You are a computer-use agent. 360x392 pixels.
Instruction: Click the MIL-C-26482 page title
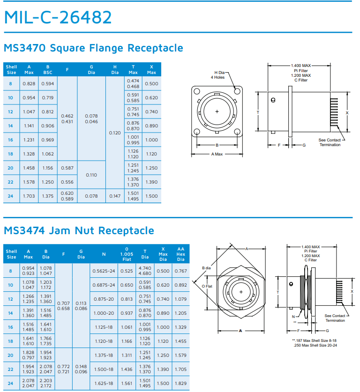tap(58, 17)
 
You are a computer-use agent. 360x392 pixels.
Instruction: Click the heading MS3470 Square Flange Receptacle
tap(93, 48)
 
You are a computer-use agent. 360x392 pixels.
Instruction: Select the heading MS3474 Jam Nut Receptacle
tap(79, 230)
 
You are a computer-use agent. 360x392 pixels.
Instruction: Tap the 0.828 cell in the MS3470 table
tap(29, 83)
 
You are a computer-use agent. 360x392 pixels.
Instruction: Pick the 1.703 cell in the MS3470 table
tap(29, 196)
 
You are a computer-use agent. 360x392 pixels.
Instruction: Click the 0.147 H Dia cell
tap(115, 196)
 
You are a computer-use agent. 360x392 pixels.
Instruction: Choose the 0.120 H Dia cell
tap(115, 133)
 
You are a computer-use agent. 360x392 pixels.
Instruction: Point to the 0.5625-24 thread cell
tap(104, 271)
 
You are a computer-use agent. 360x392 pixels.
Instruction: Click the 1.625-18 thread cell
tap(104, 383)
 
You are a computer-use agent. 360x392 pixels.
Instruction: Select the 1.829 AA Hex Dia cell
tap(180, 383)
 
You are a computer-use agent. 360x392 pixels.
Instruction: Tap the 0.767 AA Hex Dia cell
tap(180, 271)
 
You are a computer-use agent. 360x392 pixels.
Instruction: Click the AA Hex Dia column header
tap(180, 254)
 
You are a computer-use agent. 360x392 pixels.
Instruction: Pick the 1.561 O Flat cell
tap(126, 383)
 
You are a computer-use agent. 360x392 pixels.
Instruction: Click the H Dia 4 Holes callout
tap(219, 75)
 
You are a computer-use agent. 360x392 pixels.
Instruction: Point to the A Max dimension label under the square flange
tap(217, 154)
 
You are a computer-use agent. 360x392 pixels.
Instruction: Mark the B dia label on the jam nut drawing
tap(207, 268)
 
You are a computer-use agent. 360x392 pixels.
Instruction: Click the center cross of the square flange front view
tap(217, 112)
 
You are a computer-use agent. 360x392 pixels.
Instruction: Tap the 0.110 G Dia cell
tap(91, 175)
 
